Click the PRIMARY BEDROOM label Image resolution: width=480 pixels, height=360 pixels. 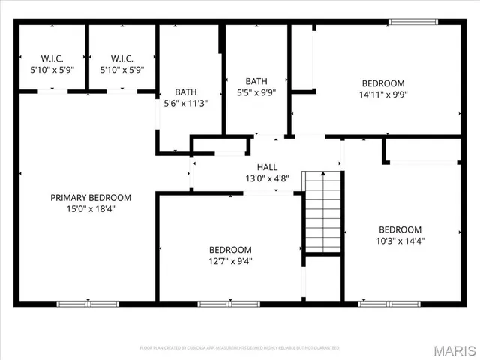click(90, 198)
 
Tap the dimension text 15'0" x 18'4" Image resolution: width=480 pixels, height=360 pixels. click(90, 209)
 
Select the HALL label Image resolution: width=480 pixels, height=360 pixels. click(267, 167)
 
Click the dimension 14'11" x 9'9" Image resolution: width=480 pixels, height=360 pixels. click(383, 94)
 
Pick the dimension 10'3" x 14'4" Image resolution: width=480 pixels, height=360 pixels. click(399, 241)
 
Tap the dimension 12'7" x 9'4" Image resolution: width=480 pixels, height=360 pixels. click(229, 261)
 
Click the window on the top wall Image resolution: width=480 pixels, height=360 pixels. click(413, 22)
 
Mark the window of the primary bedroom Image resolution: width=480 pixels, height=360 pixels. click(88, 304)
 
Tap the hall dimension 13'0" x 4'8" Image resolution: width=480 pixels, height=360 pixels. click(267, 178)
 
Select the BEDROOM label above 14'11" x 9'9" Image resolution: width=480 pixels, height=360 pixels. click(383, 83)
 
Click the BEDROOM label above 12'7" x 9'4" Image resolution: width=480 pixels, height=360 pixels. click(229, 250)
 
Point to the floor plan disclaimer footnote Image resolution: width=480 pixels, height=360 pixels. click(239, 348)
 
